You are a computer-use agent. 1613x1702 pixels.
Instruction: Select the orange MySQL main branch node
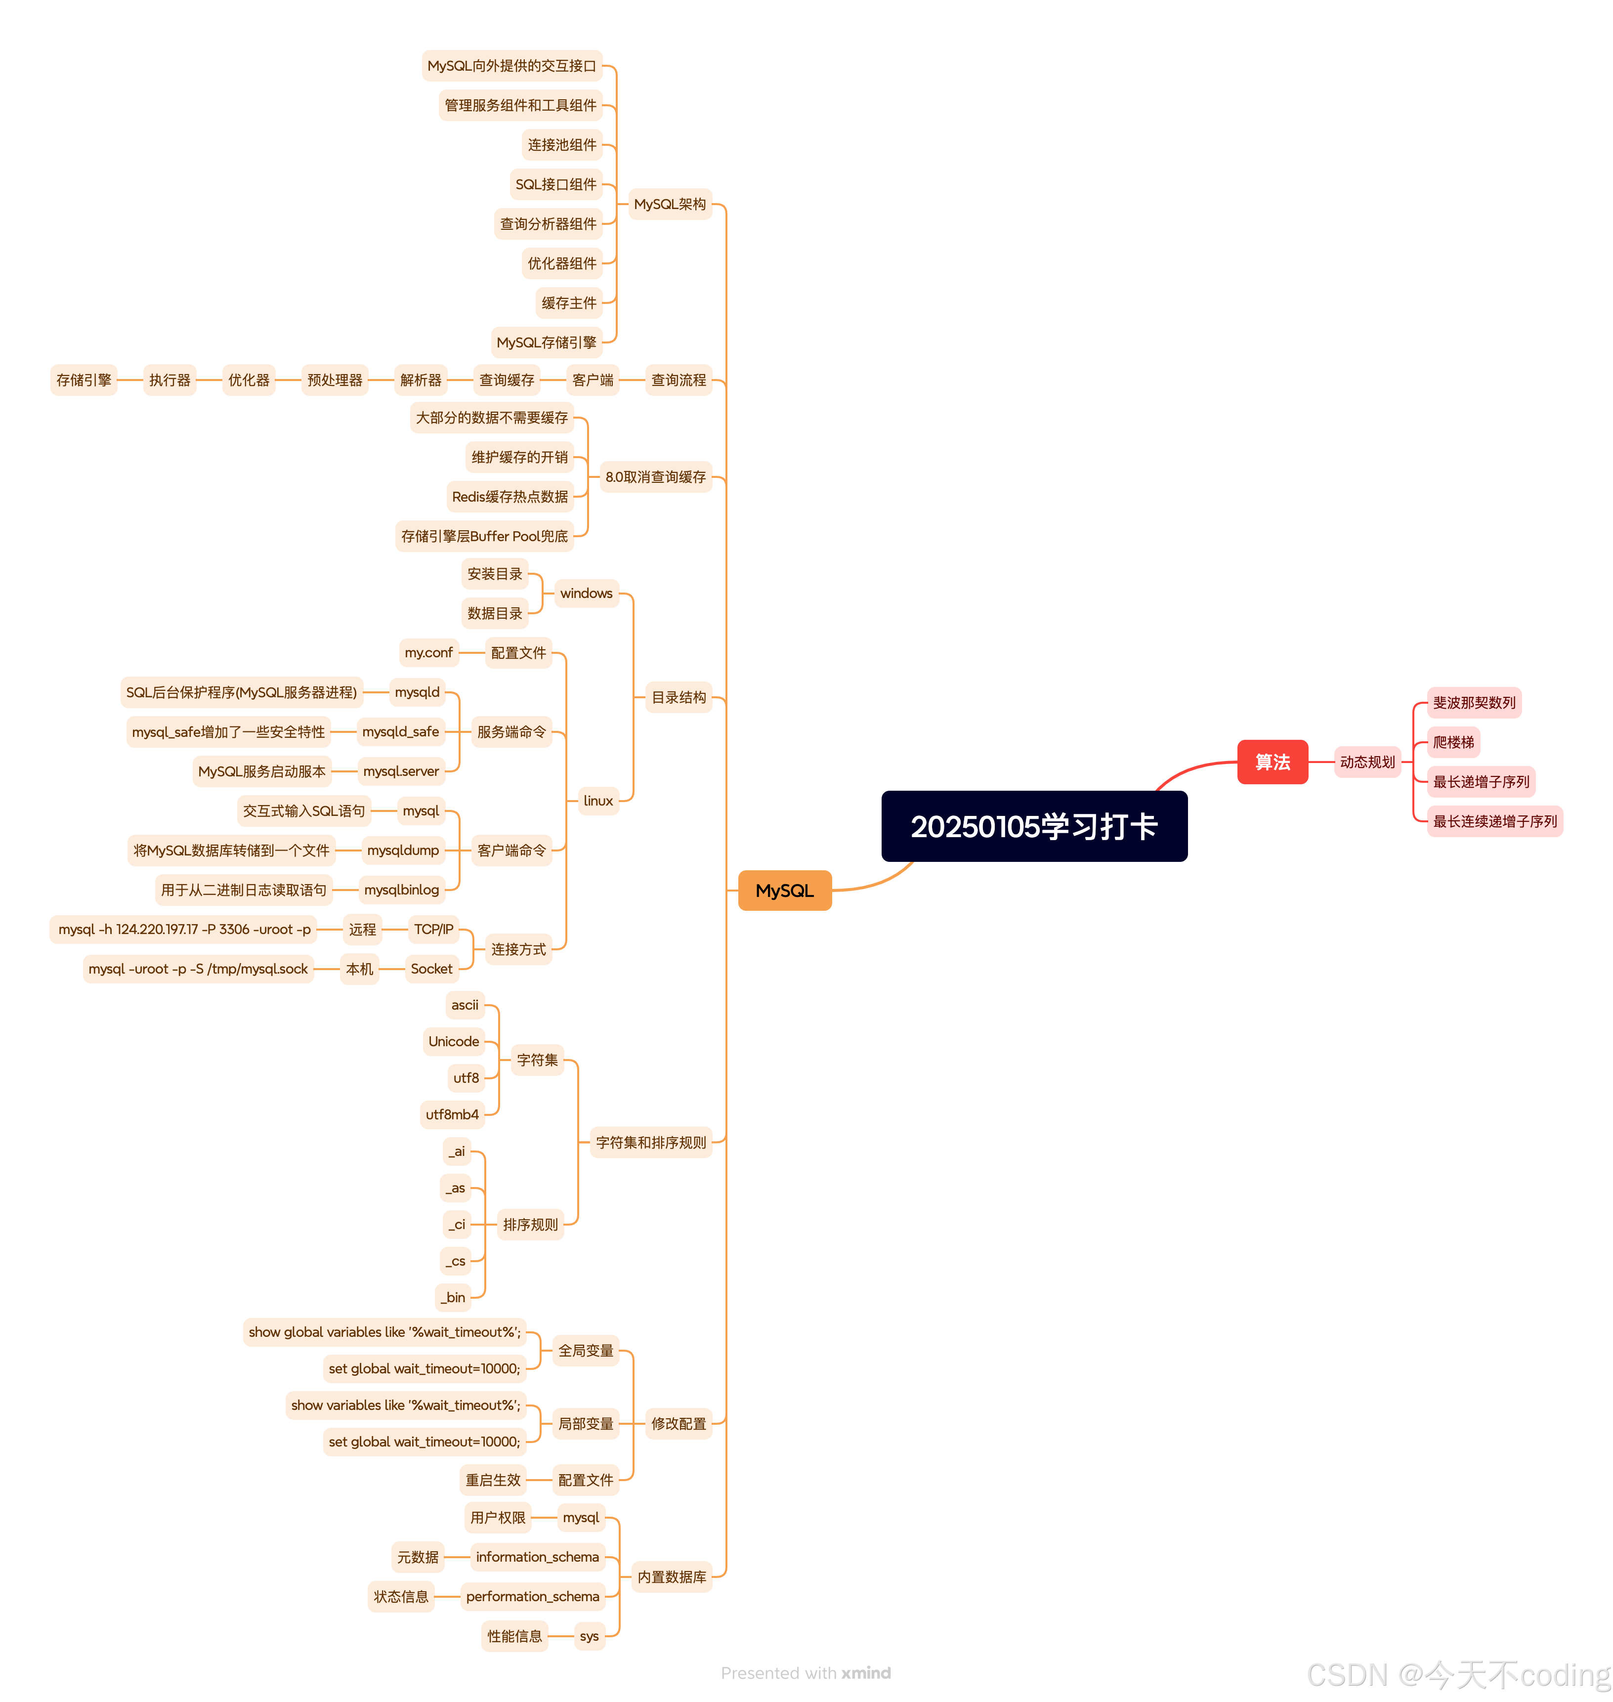(784, 890)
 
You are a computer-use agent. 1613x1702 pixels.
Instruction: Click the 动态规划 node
(1366, 762)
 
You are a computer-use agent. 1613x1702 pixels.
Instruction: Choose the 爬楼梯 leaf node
(1452, 742)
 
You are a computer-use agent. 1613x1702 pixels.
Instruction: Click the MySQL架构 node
(669, 204)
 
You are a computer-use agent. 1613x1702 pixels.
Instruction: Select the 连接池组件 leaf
(561, 144)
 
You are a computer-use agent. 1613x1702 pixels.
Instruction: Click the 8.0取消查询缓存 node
(655, 476)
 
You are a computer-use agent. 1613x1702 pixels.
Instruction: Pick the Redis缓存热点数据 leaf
(510, 496)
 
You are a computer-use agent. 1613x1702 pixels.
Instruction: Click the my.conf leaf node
(428, 653)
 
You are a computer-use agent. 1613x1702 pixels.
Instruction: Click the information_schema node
(537, 1557)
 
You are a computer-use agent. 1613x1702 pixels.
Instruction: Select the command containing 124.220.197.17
(184, 930)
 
